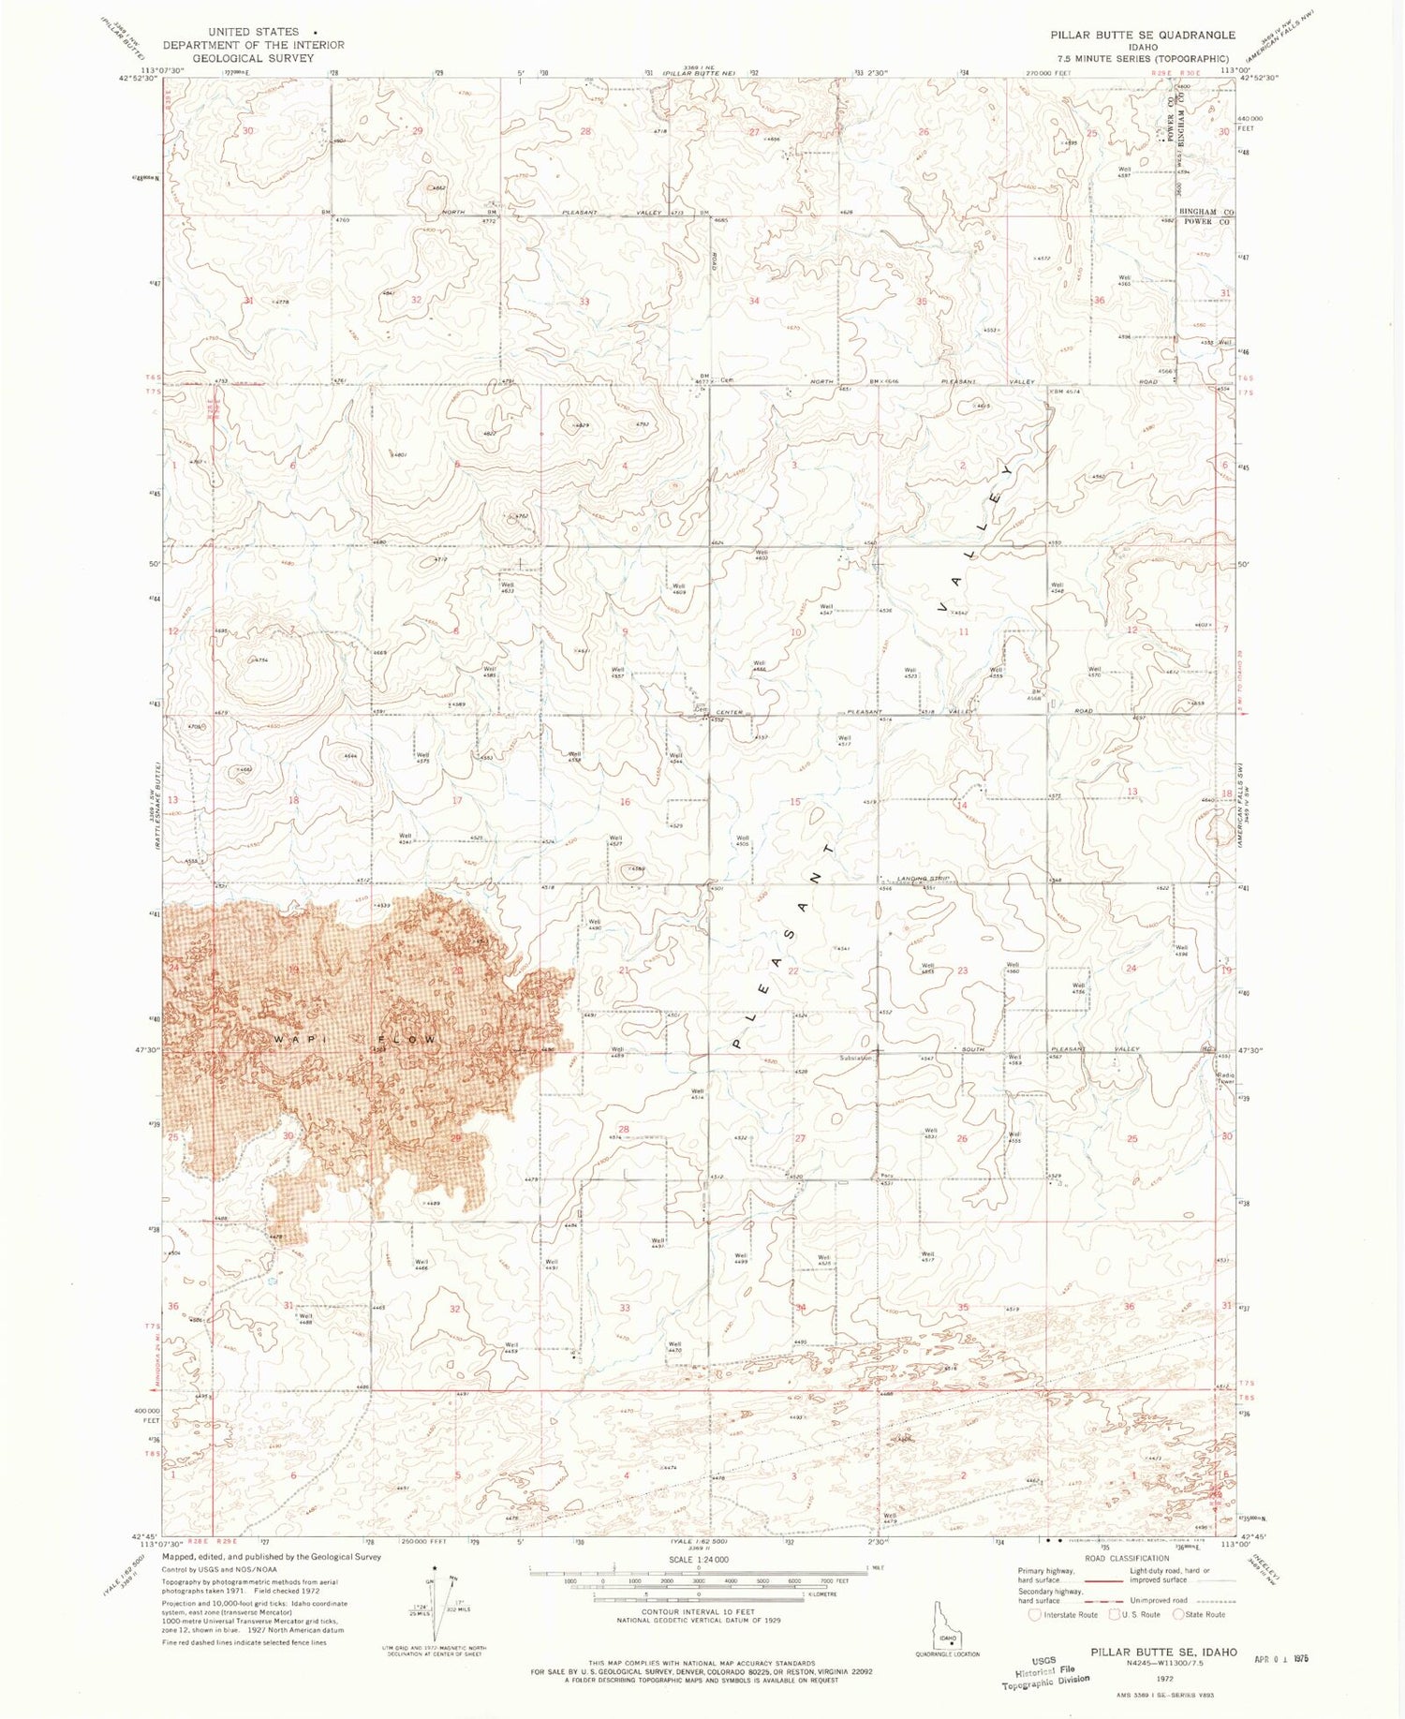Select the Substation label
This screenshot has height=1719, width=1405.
click(x=856, y=1059)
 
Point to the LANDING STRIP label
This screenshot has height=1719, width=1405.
click(x=924, y=878)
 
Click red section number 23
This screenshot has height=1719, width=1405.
click(x=962, y=971)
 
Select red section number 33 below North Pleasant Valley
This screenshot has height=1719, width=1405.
click(x=584, y=302)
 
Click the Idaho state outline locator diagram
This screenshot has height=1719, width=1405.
click(x=946, y=1624)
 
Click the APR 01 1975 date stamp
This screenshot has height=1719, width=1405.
click(x=1280, y=1658)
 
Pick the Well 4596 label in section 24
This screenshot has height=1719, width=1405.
click(x=1182, y=950)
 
